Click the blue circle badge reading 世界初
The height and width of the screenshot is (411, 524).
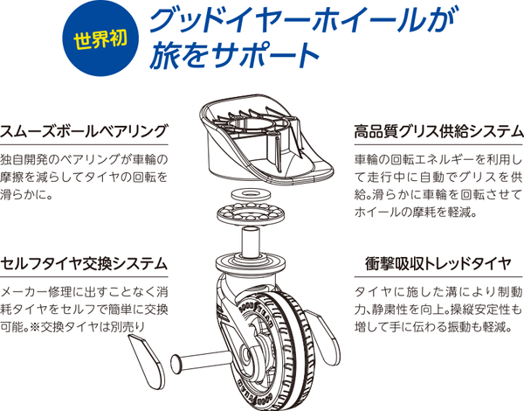pos(100,38)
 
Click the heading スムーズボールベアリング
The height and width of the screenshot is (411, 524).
pos(83,131)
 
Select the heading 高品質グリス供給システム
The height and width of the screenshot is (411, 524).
pos(438,131)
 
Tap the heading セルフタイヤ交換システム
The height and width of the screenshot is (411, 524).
pos(84,264)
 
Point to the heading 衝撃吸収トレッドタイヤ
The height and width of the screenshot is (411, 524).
pos(438,264)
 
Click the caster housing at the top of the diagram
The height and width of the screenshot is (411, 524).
pos(266,139)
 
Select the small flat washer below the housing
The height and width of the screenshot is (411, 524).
pos(251,193)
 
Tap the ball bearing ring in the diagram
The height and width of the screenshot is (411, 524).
pos(251,212)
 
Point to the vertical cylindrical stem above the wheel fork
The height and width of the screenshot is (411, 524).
pos(251,241)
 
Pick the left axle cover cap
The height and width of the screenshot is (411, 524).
pos(147,362)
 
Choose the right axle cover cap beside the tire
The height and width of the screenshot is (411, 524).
pos(323,336)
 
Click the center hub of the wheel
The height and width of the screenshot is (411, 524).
pos(248,354)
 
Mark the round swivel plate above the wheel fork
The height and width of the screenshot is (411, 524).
pos(251,263)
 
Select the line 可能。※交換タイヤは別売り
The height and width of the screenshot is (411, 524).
pos(72,326)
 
